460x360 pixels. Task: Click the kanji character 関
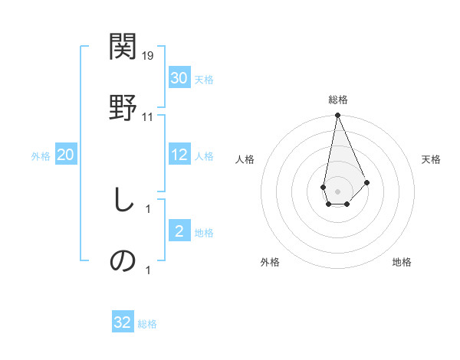point(123,47)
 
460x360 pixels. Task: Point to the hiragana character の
point(123,260)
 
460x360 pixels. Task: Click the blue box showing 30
point(179,78)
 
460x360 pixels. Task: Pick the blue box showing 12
point(179,155)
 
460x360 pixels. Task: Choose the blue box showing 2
point(179,232)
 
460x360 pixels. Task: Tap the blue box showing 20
point(66,155)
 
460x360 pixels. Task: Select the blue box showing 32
point(123,322)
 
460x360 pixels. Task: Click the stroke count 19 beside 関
point(149,56)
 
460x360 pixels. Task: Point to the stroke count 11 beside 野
point(148,116)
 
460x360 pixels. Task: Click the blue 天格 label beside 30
point(204,79)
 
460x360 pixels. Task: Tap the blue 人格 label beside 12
point(204,156)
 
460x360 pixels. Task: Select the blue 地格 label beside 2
point(204,233)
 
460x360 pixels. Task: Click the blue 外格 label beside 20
point(41,156)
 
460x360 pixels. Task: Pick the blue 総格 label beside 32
point(147,323)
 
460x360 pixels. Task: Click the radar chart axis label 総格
point(338,100)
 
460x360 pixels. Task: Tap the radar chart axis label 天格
point(432,159)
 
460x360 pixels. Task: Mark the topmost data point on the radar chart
point(337,116)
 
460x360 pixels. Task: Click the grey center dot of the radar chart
point(337,190)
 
